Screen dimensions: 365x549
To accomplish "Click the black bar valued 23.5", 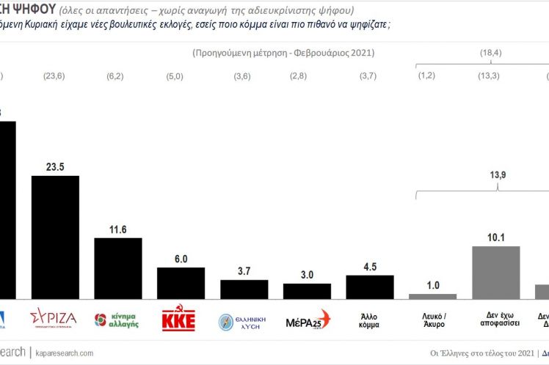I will pyautogui.click(x=55, y=237).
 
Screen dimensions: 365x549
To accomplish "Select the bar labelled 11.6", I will pyautogui.click(x=118, y=268).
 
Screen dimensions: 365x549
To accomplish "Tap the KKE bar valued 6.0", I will pyautogui.click(x=181, y=283).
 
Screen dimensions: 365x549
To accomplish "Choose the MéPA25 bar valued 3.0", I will pyautogui.click(x=307, y=290).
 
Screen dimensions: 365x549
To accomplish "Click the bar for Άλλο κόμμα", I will pyautogui.click(x=370, y=287).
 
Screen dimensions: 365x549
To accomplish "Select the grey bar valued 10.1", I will pyautogui.click(x=495, y=272).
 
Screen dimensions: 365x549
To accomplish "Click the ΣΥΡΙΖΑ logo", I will pyautogui.click(x=53, y=319).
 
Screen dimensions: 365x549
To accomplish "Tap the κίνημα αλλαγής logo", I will pyautogui.click(x=117, y=320).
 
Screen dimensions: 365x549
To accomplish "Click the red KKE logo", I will pyautogui.click(x=181, y=320).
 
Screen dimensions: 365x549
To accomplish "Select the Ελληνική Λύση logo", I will pyautogui.click(x=243, y=320).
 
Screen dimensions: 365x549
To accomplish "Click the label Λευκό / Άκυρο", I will pyautogui.click(x=432, y=320).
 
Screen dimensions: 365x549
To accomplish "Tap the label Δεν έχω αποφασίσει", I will pyautogui.click(x=495, y=320).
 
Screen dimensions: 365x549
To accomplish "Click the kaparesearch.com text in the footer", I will pyautogui.click(x=63, y=353).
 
